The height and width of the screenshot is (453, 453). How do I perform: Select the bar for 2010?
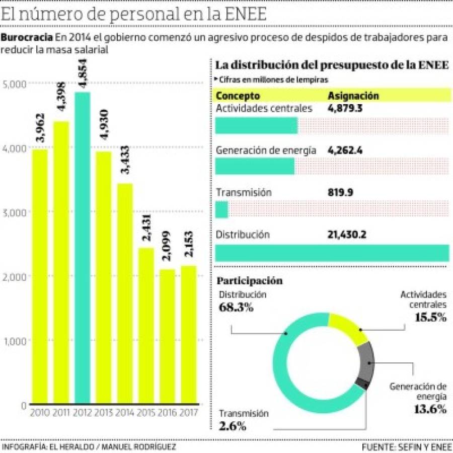(x=40, y=277)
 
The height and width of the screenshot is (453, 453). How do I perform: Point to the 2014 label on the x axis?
(x=125, y=413)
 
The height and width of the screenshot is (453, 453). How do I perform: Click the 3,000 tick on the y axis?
(x=15, y=212)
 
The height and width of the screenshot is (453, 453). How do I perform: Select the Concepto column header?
(x=238, y=96)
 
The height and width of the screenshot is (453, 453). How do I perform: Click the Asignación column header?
(x=353, y=96)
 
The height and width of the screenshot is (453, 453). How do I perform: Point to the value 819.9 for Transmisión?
(x=340, y=192)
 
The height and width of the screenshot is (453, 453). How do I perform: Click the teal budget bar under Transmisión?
(x=221, y=209)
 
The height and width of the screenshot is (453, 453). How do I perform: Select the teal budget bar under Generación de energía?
(x=255, y=166)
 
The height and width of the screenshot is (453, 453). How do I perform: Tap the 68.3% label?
(x=236, y=308)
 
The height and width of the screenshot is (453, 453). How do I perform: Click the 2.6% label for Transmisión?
(x=232, y=426)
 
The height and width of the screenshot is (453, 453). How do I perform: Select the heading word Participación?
(x=249, y=280)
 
